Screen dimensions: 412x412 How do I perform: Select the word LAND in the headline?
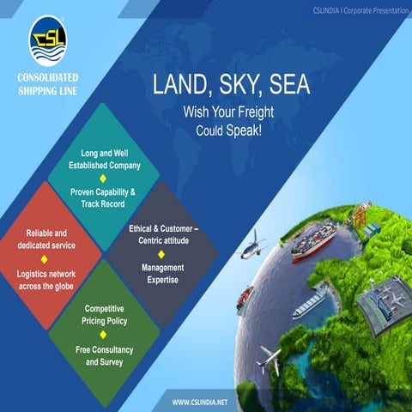(x=181, y=85)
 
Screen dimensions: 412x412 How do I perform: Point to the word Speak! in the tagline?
(x=245, y=128)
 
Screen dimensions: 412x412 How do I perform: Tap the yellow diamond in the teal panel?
(x=104, y=178)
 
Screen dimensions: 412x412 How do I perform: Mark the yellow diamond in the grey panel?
(x=161, y=254)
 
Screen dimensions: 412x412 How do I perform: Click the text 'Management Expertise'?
(x=162, y=274)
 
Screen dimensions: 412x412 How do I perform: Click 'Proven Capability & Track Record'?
(x=103, y=198)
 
